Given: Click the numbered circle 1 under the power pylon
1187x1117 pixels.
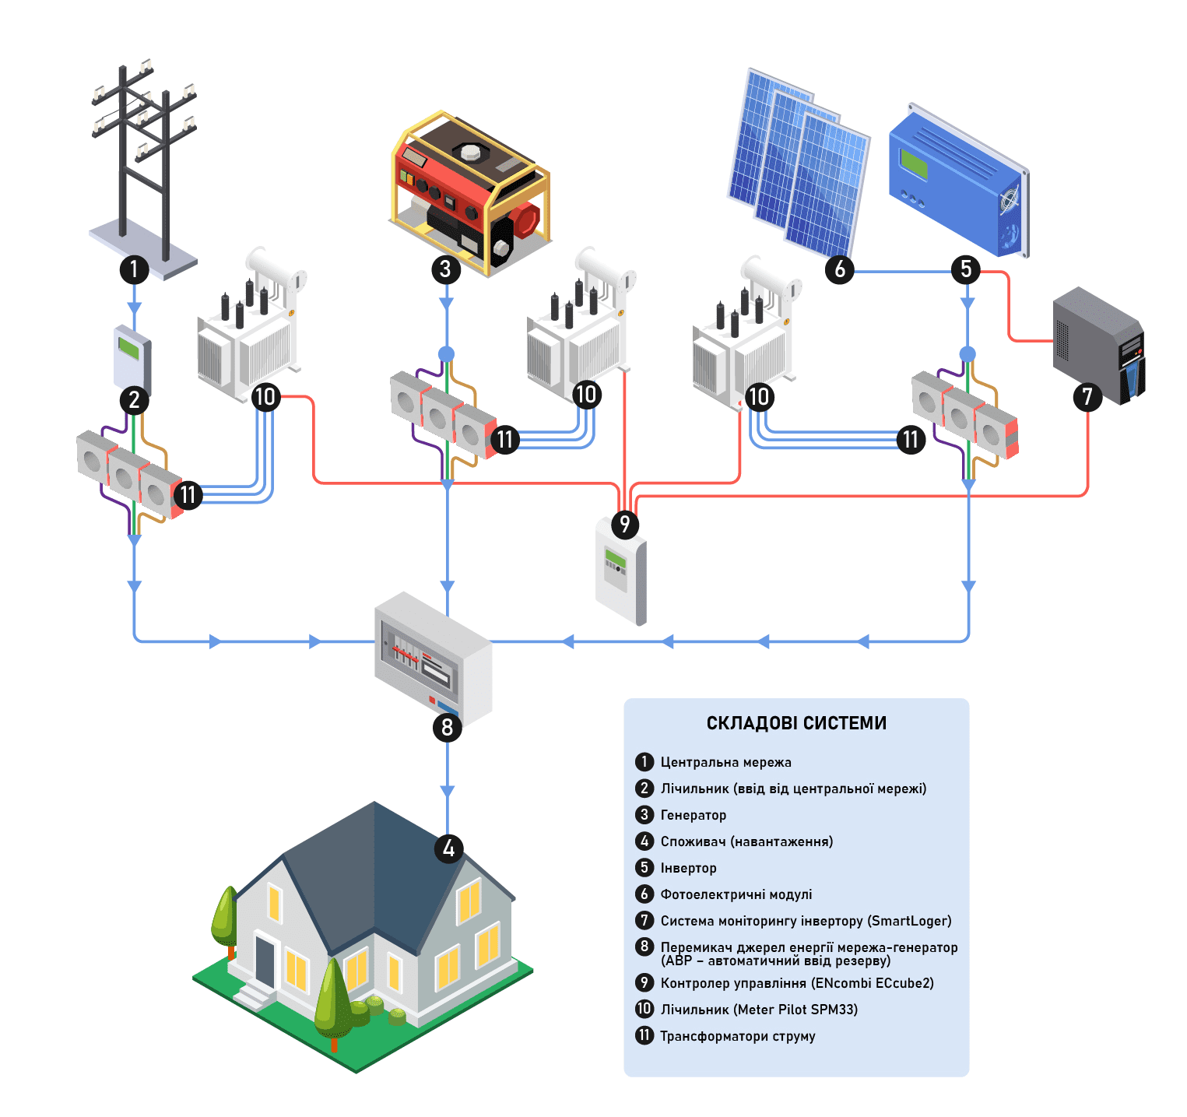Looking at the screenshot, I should [134, 269].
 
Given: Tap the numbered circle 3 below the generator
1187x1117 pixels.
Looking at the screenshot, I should [445, 269].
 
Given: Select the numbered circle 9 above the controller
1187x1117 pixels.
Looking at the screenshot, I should [624, 524].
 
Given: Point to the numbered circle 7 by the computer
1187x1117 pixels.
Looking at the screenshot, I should [1087, 397].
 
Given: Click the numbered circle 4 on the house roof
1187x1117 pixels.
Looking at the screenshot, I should [448, 848].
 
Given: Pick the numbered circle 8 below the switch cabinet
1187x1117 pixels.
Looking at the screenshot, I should [447, 727].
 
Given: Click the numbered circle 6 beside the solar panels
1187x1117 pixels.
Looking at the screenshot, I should [840, 269].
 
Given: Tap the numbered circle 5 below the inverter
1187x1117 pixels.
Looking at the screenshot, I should [966, 269].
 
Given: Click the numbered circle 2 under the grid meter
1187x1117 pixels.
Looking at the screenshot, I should [134, 400].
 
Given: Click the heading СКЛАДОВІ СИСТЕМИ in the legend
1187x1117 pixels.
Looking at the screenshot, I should [796, 723].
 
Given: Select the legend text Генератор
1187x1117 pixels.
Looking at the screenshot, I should [693, 815].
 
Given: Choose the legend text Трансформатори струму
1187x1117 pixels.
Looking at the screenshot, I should [737, 1036].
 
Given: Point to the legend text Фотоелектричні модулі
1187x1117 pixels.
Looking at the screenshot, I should [736, 894].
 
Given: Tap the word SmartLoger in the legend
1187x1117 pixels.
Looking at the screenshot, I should [909, 921].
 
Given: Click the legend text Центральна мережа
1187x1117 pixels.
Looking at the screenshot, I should [725, 762].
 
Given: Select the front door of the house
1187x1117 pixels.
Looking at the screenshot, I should [265, 960].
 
